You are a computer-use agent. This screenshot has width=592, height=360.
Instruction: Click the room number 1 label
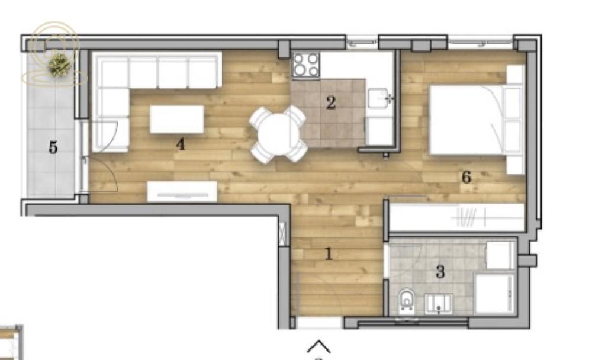pos(329,255)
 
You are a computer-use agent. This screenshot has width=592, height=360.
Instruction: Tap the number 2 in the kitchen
pos(331,103)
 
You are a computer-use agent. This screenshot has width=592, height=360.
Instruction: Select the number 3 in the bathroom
pos(440,272)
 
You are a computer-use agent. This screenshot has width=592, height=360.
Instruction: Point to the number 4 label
pos(181,143)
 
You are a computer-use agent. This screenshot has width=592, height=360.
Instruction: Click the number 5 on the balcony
pos(53,147)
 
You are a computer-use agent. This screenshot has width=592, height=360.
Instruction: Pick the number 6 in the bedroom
pos(466,176)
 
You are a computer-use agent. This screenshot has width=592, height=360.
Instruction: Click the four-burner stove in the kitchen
pos(306,65)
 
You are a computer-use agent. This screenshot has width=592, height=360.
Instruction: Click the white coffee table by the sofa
pos(177,118)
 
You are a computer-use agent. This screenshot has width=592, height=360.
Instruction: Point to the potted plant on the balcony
pos(59,65)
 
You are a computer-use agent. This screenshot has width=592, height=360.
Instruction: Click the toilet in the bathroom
pos(407,300)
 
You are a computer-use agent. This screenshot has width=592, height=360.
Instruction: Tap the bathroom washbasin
pos(439,303)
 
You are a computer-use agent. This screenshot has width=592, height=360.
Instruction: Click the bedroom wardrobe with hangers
pos(456,218)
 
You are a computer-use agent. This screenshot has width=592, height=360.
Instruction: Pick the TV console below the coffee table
pos(182,191)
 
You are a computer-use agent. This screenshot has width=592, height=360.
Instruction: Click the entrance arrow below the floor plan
pos(318,346)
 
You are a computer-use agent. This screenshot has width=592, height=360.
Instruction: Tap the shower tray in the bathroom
pos(494,294)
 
